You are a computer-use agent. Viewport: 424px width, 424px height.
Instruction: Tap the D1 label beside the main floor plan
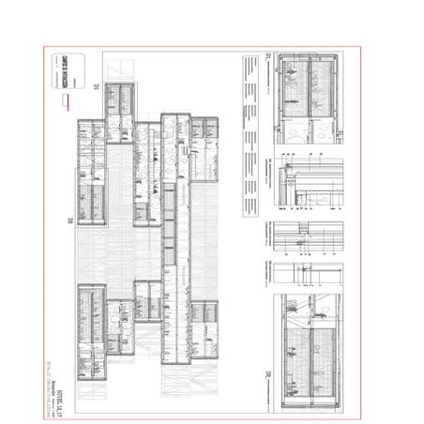[x=97, y=86]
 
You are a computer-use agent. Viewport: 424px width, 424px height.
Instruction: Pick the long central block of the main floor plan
[x=174, y=235]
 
